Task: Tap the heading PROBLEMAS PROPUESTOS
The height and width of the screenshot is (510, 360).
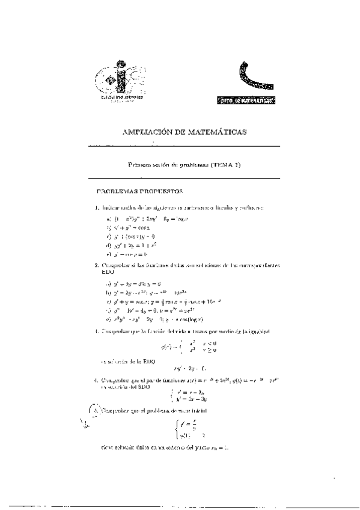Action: [x=139, y=192]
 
